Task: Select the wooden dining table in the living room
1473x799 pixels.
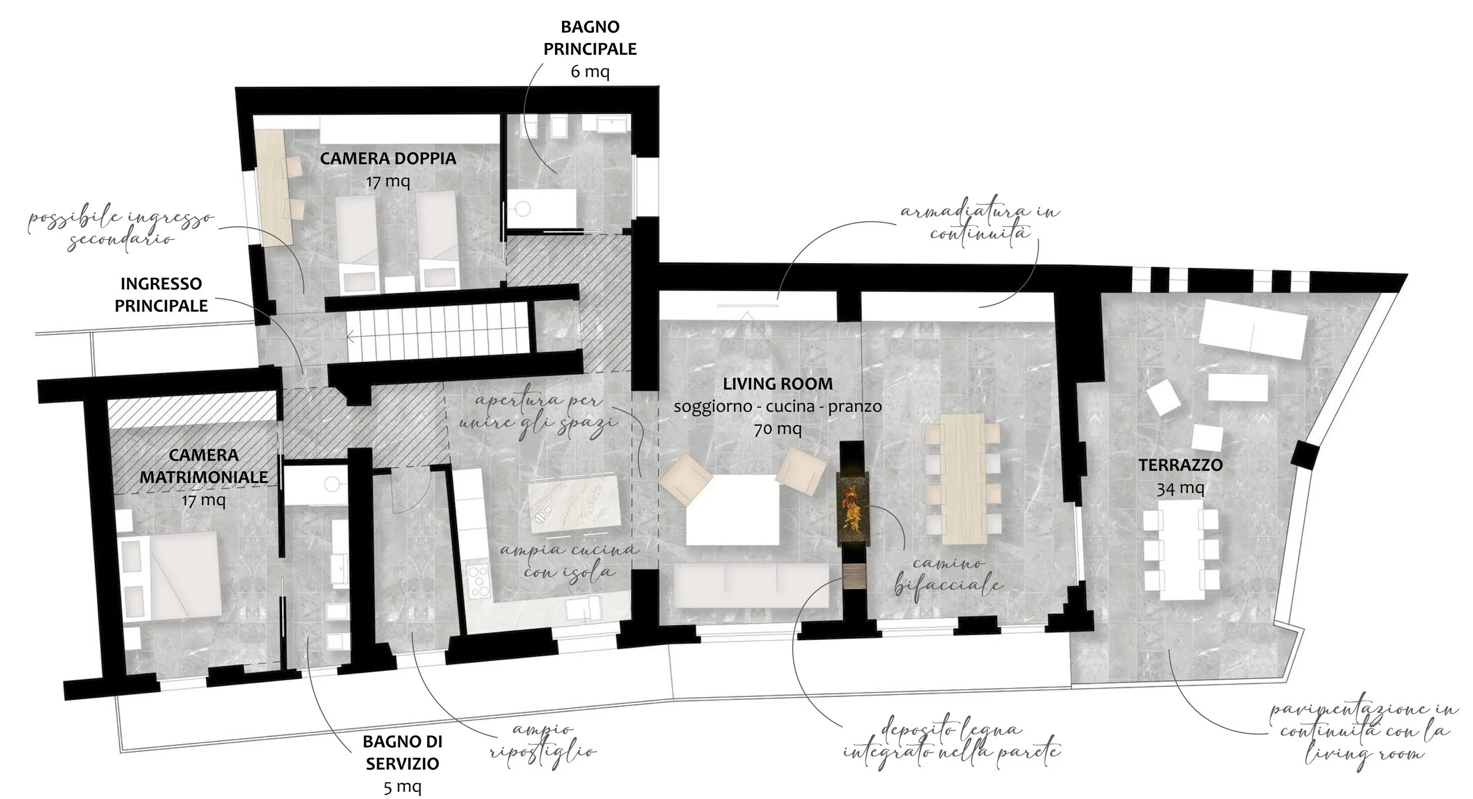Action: [963, 478]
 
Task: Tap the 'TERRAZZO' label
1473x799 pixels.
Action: [1180, 465]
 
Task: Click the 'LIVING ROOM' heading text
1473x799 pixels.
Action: [778, 384]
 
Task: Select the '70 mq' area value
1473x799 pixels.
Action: [778, 429]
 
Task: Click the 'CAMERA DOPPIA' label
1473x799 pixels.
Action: [388, 159]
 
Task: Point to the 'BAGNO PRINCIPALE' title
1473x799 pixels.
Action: [590, 38]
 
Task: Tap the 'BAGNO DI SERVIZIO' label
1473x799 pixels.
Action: [402, 752]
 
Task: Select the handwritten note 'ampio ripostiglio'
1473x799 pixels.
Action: [543, 741]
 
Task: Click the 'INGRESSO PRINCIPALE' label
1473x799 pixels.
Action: [161, 295]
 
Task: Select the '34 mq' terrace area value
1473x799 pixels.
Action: [1180, 488]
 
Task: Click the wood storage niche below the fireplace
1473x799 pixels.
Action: [854, 576]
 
